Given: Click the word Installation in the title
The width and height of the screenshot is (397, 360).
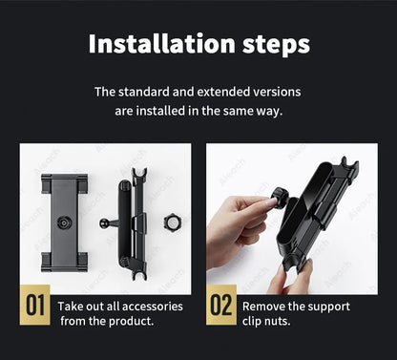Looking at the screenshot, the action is (161, 44).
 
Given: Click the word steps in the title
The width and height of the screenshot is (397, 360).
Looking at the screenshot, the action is (276, 45).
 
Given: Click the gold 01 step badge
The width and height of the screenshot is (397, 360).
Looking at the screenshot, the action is (34, 305).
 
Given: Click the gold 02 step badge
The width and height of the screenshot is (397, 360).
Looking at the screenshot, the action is (221, 305).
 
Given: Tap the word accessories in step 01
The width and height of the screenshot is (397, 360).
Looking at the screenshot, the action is (153, 307).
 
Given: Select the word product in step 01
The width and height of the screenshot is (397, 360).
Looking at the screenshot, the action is (131, 321).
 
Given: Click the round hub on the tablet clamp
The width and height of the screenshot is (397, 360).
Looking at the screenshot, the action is (64, 222).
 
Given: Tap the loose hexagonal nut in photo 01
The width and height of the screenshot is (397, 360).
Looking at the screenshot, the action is (172, 222).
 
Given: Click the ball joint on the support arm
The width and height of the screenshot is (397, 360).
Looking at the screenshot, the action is (104, 223).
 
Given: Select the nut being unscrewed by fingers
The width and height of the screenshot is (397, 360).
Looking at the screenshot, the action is (281, 198).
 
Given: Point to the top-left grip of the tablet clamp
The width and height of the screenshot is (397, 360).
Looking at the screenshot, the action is (47, 183).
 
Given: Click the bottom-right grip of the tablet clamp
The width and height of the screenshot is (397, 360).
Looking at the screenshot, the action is (82, 262).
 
